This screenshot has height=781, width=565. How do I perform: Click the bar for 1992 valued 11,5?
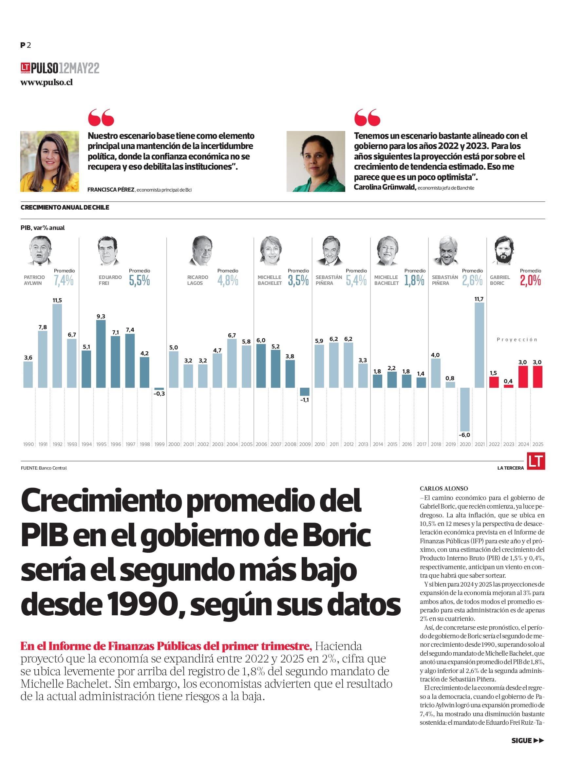click(x=57, y=345)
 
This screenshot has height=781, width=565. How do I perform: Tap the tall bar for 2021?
click(x=479, y=345)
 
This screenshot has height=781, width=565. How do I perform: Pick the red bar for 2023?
click(x=508, y=386)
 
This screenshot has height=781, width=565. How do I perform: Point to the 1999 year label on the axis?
click(x=159, y=444)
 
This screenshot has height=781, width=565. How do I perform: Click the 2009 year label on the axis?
click(x=305, y=444)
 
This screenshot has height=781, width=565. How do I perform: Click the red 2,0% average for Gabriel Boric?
click(x=530, y=281)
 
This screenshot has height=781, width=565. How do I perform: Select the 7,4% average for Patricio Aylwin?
click(x=64, y=281)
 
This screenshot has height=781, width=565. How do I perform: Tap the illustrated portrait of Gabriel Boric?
click(x=504, y=251)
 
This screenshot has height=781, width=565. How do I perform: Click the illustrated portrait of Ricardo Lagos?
click(x=201, y=251)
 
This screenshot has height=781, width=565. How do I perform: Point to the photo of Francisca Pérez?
click(x=49, y=161)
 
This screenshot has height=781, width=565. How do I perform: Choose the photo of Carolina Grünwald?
click(x=315, y=161)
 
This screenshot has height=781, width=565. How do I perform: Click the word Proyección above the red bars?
click(x=517, y=340)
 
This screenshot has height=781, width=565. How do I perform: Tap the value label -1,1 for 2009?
click(x=304, y=400)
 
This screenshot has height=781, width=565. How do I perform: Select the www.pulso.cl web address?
click(x=47, y=83)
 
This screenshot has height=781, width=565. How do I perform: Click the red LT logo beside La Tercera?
click(x=536, y=461)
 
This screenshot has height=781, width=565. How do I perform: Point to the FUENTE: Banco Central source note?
click(x=44, y=468)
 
